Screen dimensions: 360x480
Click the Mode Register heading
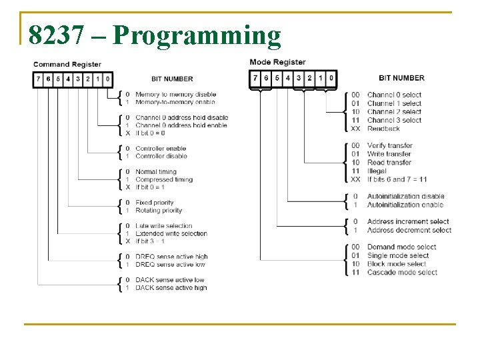(277, 62)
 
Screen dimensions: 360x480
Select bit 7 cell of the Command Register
(38, 79)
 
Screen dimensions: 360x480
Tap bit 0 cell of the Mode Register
(331, 78)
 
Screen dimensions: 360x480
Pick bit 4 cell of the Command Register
(68, 79)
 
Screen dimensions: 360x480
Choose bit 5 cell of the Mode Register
(277, 78)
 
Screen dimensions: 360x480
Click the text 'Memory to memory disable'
(175, 95)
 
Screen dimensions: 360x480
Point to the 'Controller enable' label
(161, 148)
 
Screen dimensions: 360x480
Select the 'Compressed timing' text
(164, 179)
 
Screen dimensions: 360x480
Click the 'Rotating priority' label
(159, 210)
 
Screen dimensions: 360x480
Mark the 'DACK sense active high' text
(171, 288)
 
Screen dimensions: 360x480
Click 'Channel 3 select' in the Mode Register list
(394, 120)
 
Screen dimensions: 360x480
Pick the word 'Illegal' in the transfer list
(377, 171)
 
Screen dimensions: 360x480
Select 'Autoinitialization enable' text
(405, 205)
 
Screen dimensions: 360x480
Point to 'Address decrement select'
(409, 230)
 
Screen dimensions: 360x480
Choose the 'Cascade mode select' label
(402, 272)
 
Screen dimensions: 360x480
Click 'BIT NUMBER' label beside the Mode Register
(401, 78)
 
